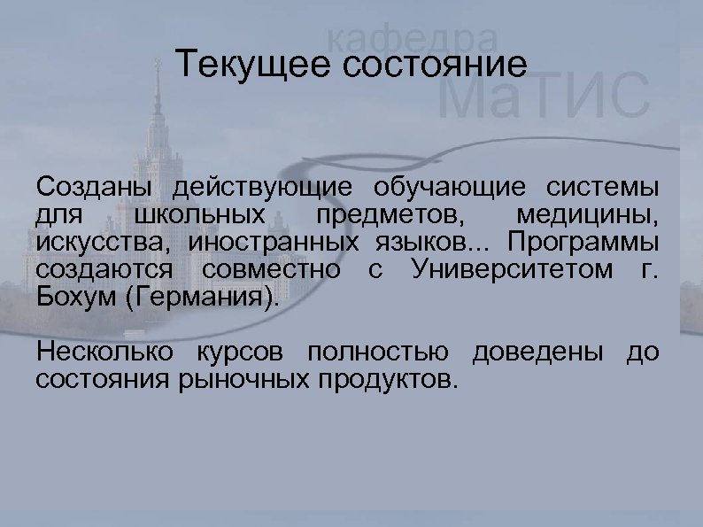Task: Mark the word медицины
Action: click(x=602, y=215)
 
